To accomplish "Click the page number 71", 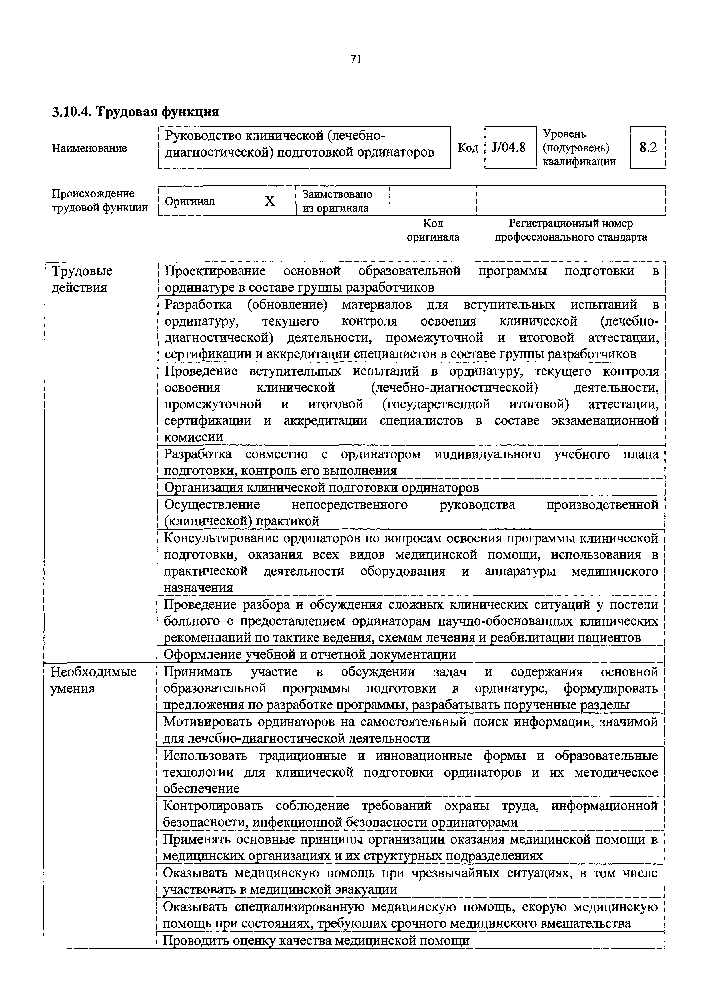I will pos(356,59).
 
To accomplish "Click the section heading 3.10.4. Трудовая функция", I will pos(135,112).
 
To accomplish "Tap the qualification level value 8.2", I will pos(648,147).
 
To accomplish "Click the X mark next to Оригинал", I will pos(270,201).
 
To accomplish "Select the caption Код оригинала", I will pos(433,230).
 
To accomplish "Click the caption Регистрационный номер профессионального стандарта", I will pos(570,230).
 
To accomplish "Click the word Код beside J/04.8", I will pos(467,148).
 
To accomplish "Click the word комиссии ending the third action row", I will pos(193,437).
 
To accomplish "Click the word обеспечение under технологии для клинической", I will pos(201,789).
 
